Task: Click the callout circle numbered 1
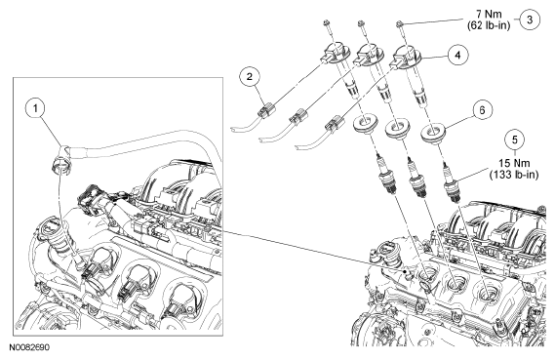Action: click(35, 108)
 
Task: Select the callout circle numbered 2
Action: click(250, 77)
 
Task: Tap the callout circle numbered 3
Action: click(530, 20)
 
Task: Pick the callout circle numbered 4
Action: click(458, 56)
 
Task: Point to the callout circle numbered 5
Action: click(515, 140)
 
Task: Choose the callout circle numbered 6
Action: click(482, 110)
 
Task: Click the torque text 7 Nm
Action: click(489, 15)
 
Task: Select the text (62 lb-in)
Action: click(489, 25)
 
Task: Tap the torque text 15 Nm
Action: click(514, 163)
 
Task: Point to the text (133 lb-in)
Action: click(514, 175)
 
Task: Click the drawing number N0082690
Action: click(29, 347)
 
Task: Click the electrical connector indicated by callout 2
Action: click(267, 110)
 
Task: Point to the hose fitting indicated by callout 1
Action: click(62, 161)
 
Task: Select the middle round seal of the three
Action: click(396, 129)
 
